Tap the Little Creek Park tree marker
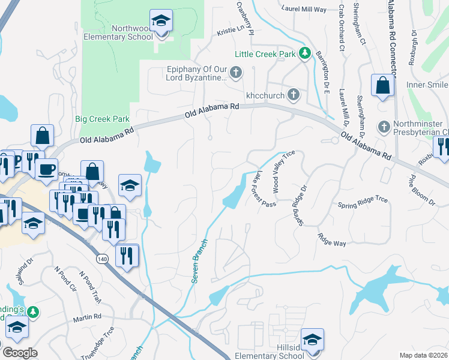305,54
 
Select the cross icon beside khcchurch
293,94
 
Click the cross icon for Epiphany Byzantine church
236,73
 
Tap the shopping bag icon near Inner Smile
382,86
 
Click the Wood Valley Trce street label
285,172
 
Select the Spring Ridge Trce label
363,199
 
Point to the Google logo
20,352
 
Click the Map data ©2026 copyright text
423,355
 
